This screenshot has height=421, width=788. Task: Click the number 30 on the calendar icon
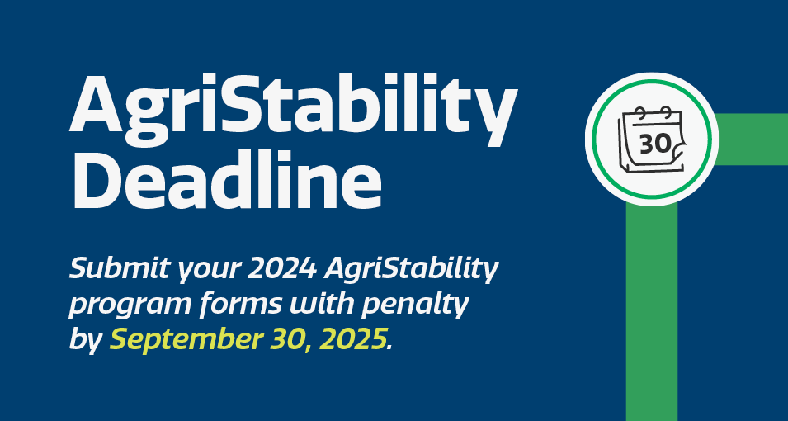[x=655, y=144]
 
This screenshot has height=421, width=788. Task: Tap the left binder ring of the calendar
[x=639, y=111]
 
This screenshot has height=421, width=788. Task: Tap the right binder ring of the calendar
[x=667, y=111]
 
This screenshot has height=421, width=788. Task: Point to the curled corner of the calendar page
[x=678, y=150]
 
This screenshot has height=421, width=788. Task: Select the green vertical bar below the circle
[x=652, y=312]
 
